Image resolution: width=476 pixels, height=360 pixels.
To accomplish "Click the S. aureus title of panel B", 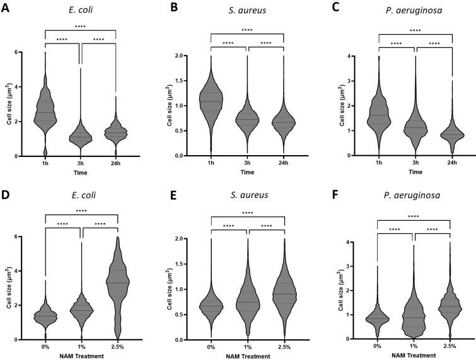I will coord(248,8).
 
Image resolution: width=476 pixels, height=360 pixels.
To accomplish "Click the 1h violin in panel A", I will coord(44,110).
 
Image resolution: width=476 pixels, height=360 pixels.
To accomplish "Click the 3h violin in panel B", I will coord(247,120).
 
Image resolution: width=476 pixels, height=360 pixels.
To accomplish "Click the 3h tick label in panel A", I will coord(81,163).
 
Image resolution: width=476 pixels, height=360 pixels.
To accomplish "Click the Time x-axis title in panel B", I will coord(248,172).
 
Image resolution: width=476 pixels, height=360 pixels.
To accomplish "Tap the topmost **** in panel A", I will coord(81,26).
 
